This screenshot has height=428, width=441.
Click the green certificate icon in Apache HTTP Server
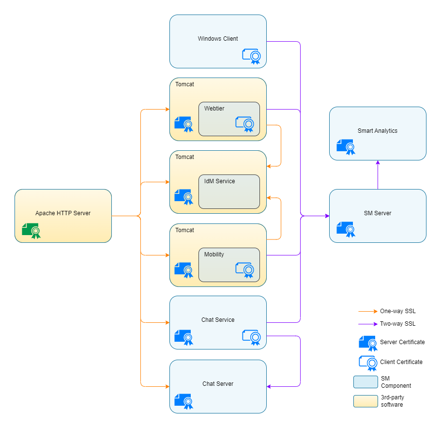31,231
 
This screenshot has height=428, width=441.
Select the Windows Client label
218,39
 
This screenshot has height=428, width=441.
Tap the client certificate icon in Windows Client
251,56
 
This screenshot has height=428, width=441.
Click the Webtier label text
214,109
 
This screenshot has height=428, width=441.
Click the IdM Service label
219,181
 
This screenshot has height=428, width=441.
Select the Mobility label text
214,254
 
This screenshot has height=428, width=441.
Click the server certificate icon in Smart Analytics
345,147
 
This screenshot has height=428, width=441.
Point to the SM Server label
378,213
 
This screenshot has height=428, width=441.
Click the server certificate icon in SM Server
345,229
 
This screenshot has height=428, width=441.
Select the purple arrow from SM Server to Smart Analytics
378,174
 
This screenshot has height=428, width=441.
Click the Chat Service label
218,320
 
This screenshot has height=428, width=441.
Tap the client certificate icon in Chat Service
251,337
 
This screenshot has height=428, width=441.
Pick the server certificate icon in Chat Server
183,401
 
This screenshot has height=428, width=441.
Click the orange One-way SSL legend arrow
367,311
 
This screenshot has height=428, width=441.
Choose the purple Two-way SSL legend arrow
367,324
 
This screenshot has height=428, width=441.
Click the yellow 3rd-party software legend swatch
365,401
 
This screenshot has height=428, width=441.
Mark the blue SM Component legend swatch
365,382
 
